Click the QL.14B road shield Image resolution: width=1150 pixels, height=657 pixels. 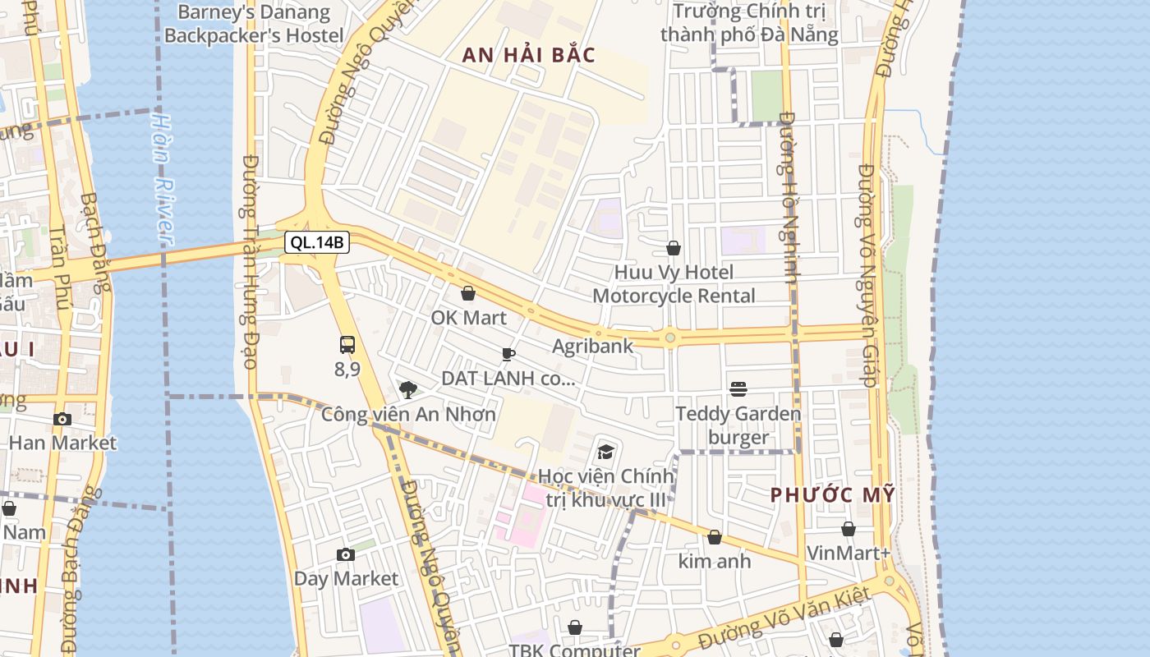coord(317,242)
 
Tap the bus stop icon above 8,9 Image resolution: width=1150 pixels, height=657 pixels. coord(347,345)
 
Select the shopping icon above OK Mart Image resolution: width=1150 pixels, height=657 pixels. coord(468,293)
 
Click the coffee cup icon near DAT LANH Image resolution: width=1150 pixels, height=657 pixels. coord(508,354)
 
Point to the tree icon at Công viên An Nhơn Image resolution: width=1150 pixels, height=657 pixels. coord(407,389)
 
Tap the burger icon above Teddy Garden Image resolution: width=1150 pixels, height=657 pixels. coord(738,388)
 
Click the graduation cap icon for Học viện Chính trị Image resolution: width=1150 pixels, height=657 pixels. coord(605,452)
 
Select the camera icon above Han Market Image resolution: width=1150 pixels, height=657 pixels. coord(62,419)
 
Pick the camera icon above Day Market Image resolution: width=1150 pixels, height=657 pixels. coord(346,554)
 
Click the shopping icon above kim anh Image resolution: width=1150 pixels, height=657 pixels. coord(715,537)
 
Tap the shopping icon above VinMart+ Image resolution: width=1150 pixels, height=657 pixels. coord(849,529)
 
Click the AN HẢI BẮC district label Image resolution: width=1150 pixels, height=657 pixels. coord(528,55)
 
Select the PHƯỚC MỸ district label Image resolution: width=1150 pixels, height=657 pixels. coord(832,494)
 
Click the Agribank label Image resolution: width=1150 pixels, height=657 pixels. coord(592,346)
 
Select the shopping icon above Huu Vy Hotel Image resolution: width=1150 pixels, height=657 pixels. coord(674,248)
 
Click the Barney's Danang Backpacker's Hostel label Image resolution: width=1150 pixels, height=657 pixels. coord(254,24)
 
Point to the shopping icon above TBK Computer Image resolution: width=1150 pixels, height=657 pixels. coord(575,627)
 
